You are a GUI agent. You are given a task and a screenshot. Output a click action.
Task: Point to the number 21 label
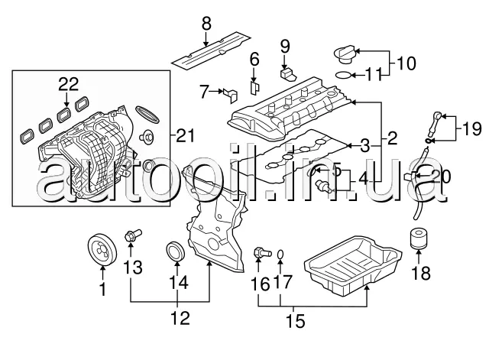pyautogui.click(x=186, y=136)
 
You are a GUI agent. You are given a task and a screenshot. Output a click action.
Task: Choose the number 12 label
pyautogui.click(x=180, y=316)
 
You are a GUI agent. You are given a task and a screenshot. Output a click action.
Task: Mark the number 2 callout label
pyautogui.click(x=391, y=138)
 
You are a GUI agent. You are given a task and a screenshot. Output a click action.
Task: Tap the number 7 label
pyautogui.click(x=204, y=92)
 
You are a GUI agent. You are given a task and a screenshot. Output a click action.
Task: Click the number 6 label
pyautogui.click(x=254, y=57)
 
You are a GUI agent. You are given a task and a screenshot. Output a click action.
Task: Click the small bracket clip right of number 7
pyautogui.click(x=232, y=94)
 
